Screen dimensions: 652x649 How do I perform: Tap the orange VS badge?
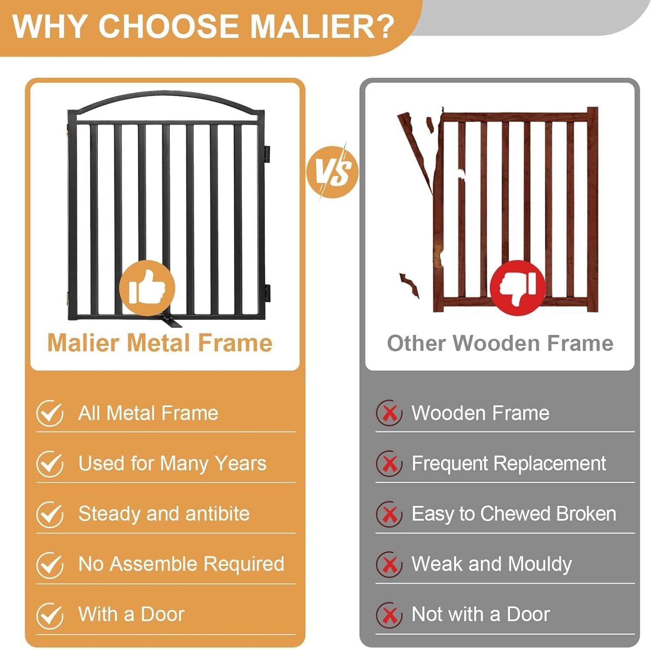coord(333,172)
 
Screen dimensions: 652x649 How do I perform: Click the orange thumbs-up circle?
coord(147,288)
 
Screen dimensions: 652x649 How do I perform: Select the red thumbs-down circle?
coord(518,287)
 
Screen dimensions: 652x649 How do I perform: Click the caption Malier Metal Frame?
coord(160,343)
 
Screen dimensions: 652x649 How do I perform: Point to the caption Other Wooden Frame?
coord(500,343)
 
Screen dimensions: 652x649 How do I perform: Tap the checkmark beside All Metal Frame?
coord(50,413)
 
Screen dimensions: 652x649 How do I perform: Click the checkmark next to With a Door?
coord(50,615)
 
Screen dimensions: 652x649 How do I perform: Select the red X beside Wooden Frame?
coord(389,413)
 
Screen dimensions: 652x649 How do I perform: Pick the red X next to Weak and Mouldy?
coord(389,565)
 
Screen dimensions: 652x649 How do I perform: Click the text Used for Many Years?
coord(172,464)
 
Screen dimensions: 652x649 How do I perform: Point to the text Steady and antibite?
coord(164,514)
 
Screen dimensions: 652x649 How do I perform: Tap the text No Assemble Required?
coord(181,564)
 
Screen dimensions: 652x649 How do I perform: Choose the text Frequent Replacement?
coord(509,464)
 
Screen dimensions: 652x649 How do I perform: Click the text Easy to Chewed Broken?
coord(514,514)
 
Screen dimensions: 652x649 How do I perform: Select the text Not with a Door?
coord(481,615)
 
